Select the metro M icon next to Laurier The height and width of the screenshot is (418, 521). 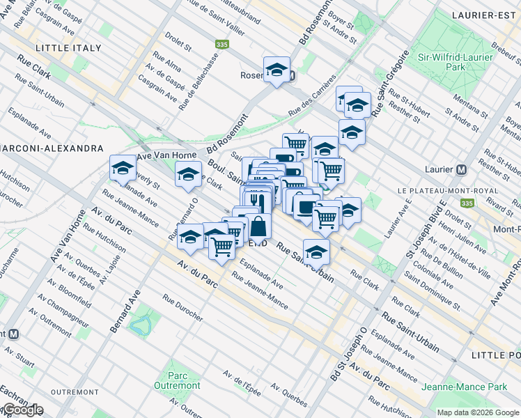click(x=461, y=169)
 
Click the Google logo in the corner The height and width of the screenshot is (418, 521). click(x=22, y=410)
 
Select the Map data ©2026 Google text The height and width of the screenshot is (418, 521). click(x=477, y=412)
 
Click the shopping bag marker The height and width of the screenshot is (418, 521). click(x=258, y=226)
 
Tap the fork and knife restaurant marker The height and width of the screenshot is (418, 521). click(x=258, y=200)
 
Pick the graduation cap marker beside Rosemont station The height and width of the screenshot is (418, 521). click(x=277, y=70)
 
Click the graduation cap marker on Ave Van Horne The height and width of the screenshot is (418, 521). click(x=123, y=168)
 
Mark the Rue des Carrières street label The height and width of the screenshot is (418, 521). click(x=313, y=95)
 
